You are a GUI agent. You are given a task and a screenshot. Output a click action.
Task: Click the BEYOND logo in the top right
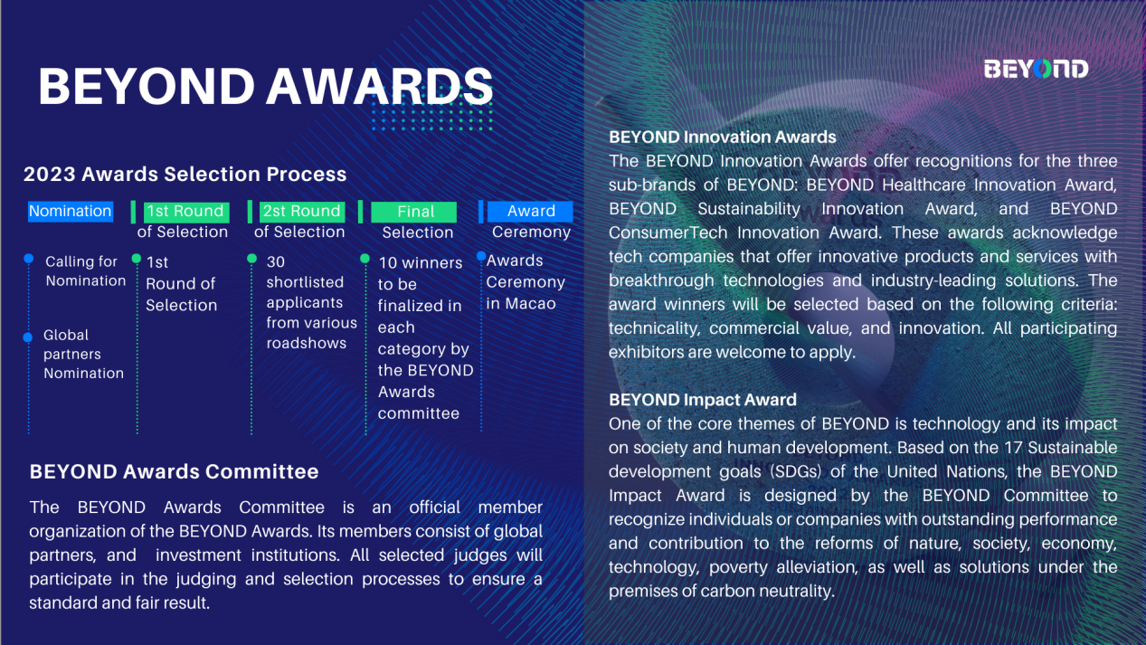(1036, 69)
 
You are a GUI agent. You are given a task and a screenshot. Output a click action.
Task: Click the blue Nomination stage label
(71, 212)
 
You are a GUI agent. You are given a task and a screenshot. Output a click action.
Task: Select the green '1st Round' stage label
(186, 212)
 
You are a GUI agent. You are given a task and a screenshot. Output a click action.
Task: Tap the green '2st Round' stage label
(302, 212)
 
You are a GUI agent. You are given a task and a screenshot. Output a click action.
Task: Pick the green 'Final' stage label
(414, 212)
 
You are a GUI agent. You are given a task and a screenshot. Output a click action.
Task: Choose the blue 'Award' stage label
(530, 212)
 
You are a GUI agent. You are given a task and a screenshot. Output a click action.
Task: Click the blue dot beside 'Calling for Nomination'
(29, 259)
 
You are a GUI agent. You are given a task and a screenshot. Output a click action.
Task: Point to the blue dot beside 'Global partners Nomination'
(28, 337)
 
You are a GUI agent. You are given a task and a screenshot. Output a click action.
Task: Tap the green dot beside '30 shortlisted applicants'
(251, 259)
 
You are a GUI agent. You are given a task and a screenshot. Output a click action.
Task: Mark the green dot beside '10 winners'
(365, 259)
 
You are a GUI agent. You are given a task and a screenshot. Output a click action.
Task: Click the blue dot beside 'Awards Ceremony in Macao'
(481, 256)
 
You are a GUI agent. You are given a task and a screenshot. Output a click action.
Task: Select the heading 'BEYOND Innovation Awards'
(723, 138)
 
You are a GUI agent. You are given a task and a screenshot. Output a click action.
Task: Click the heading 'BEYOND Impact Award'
(703, 400)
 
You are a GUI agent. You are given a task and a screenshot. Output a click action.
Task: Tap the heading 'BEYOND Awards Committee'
(174, 471)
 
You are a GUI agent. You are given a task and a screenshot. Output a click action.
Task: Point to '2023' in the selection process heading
(50, 174)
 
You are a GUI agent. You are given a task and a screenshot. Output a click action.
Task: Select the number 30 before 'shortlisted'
(276, 261)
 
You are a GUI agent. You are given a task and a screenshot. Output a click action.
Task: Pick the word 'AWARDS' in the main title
(379, 87)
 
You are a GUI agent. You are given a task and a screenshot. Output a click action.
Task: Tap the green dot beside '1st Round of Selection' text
(136, 259)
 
